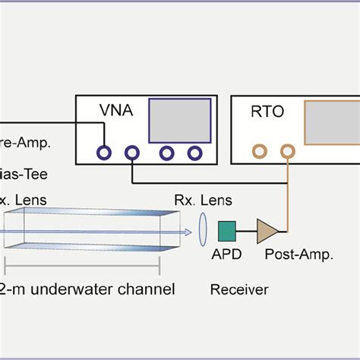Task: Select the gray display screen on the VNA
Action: [x=176, y=122]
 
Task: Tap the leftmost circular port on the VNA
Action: [x=103, y=153]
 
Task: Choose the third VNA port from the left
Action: [x=164, y=153]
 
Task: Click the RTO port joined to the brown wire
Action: [x=286, y=153]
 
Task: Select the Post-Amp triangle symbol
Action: [x=267, y=229]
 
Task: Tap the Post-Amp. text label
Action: [x=298, y=255]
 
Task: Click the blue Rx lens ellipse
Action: [x=203, y=228]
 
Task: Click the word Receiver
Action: [x=239, y=289]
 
